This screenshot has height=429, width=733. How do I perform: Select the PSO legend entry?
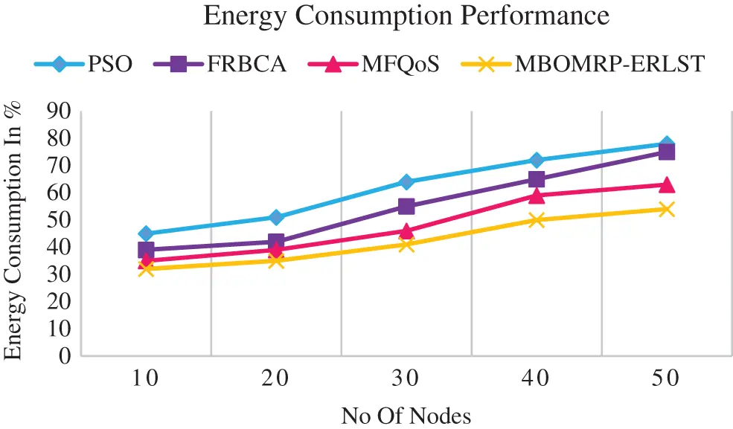pyautogui.click(x=84, y=65)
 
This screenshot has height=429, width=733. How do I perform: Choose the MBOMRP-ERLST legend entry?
pyautogui.click(x=580, y=65)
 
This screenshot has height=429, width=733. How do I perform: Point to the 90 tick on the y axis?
pyautogui.click(x=60, y=112)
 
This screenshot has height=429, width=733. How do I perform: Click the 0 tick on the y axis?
pyautogui.click(x=65, y=356)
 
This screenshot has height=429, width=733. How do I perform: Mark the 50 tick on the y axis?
pyautogui.click(x=60, y=220)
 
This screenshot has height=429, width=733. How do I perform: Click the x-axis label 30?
pyautogui.click(x=406, y=378)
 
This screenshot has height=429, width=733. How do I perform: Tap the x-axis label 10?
pyautogui.click(x=146, y=378)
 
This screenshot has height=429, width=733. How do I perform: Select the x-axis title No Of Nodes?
pyautogui.click(x=406, y=415)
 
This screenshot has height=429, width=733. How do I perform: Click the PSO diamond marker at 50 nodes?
pyautogui.click(x=667, y=144)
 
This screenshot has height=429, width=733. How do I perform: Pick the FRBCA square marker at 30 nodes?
pyautogui.click(x=406, y=207)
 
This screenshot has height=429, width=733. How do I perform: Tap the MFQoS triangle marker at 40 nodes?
pyautogui.click(x=537, y=196)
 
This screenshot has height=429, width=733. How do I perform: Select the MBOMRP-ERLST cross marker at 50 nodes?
pyautogui.click(x=667, y=210)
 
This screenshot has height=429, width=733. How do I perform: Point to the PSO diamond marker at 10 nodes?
pyautogui.click(x=146, y=233)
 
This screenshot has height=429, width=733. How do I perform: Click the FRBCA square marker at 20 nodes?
pyautogui.click(x=276, y=242)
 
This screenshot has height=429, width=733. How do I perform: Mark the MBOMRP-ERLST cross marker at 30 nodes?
pyautogui.click(x=406, y=245)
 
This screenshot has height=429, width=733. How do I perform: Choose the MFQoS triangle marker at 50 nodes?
pyautogui.click(x=667, y=184)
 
